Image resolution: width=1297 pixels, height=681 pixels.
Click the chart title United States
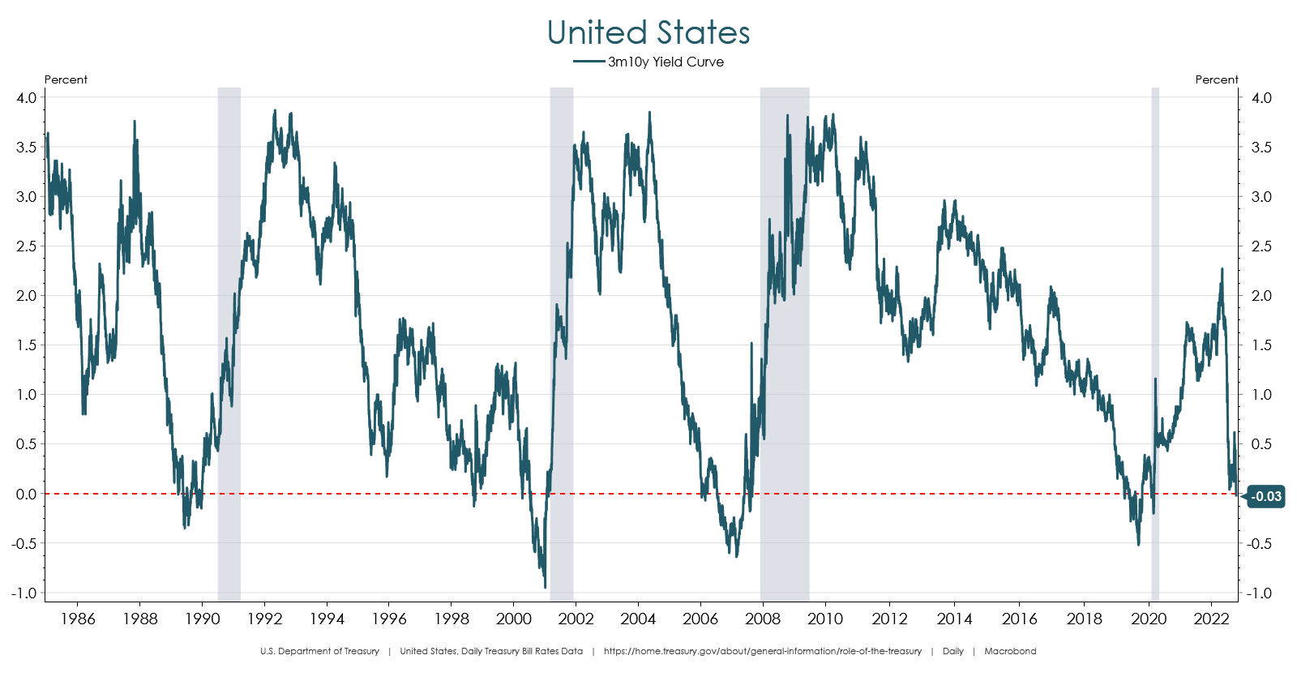click(x=648, y=33)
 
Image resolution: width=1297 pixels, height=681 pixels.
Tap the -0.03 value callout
click(x=1266, y=496)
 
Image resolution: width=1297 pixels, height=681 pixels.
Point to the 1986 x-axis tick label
click(x=78, y=619)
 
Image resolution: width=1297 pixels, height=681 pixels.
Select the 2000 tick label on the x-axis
click(x=514, y=619)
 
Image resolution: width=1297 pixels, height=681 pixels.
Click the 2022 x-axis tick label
click(x=1212, y=619)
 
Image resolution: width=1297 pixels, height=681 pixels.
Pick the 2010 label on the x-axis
click(x=825, y=619)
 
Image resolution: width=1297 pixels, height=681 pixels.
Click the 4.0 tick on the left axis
click(x=26, y=98)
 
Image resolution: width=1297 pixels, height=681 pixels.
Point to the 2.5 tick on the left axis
click(x=26, y=246)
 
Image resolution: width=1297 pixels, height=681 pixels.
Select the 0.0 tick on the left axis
click(x=26, y=494)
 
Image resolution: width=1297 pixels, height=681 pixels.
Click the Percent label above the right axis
click(x=1216, y=79)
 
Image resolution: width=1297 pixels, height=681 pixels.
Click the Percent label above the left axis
click(x=66, y=79)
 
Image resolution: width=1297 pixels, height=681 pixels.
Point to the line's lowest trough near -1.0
click(x=545, y=587)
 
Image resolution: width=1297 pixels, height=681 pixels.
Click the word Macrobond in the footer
click(x=1010, y=651)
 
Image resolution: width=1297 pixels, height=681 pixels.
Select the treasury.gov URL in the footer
click(x=762, y=651)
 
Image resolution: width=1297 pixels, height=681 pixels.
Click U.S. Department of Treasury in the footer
click(x=319, y=651)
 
